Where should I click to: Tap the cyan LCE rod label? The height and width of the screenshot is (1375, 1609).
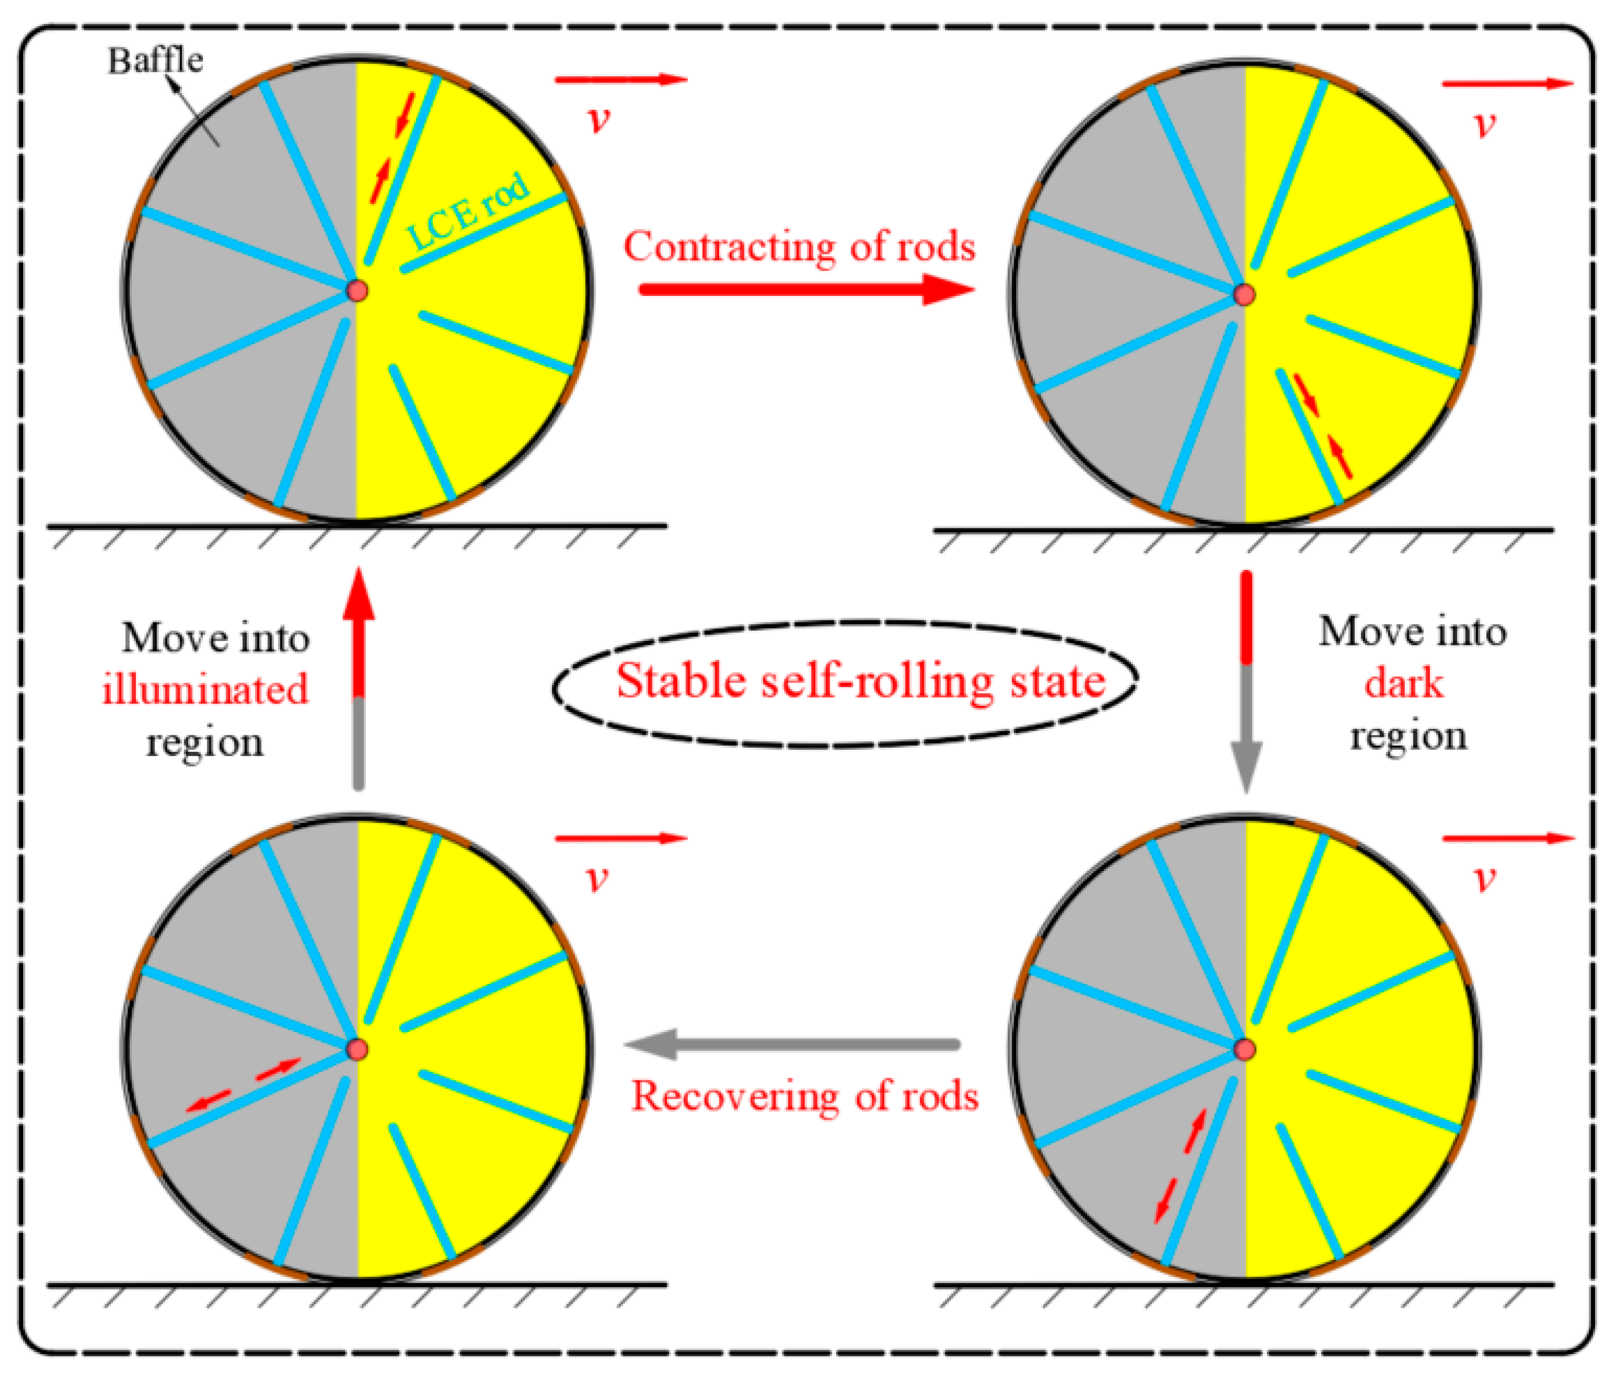tap(468, 210)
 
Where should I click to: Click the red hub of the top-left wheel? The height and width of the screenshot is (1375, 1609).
tap(357, 292)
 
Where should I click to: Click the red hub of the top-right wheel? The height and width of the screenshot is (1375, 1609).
tap(1245, 294)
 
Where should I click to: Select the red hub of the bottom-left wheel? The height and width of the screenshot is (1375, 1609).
tap(357, 1050)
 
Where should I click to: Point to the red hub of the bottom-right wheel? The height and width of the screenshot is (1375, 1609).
tap(1245, 1050)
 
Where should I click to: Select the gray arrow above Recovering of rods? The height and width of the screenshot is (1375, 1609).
tap(792, 1044)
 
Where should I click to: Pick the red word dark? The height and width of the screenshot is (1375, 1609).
tap(1404, 684)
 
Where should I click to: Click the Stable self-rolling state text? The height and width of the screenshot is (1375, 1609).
tap(861, 681)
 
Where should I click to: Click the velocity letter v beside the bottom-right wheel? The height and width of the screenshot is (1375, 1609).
tap(1485, 878)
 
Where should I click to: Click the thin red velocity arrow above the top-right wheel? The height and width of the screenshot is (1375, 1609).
tap(1507, 84)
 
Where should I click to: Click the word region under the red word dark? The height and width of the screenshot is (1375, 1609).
tap(1408, 735)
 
